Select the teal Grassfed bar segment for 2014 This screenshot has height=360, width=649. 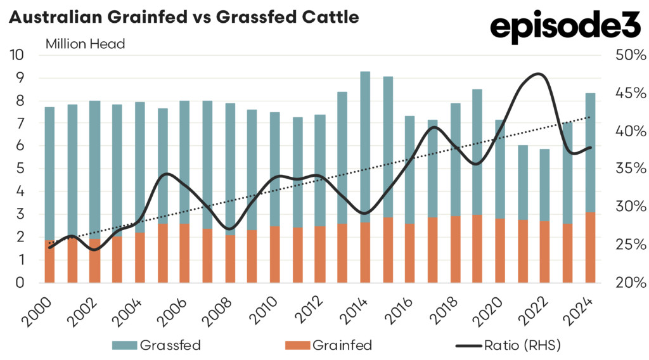point(365,146)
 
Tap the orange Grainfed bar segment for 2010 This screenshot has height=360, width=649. point(274,254)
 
